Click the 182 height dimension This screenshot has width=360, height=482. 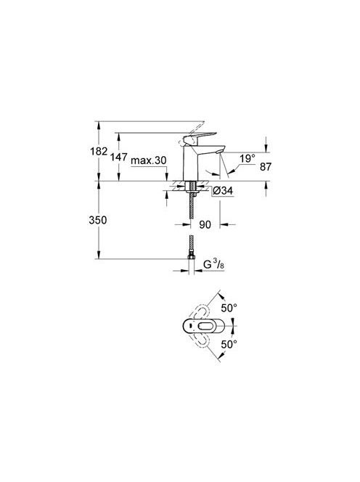(x=99, y=151)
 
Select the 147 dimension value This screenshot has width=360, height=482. (x=119, y=157)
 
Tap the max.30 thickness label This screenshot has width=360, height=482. (x=149, y=160)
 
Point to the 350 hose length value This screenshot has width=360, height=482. (x=98, y=220)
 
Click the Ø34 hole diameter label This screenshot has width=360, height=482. (x=223, y=191)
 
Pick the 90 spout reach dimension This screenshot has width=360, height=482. (x=205, y=224)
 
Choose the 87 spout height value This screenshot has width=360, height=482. (x=266, y=167)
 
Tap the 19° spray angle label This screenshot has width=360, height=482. (x=247, y=159)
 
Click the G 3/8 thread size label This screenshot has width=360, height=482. (x=214, y=264)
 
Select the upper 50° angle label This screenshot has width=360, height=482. (x=229, y=308)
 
